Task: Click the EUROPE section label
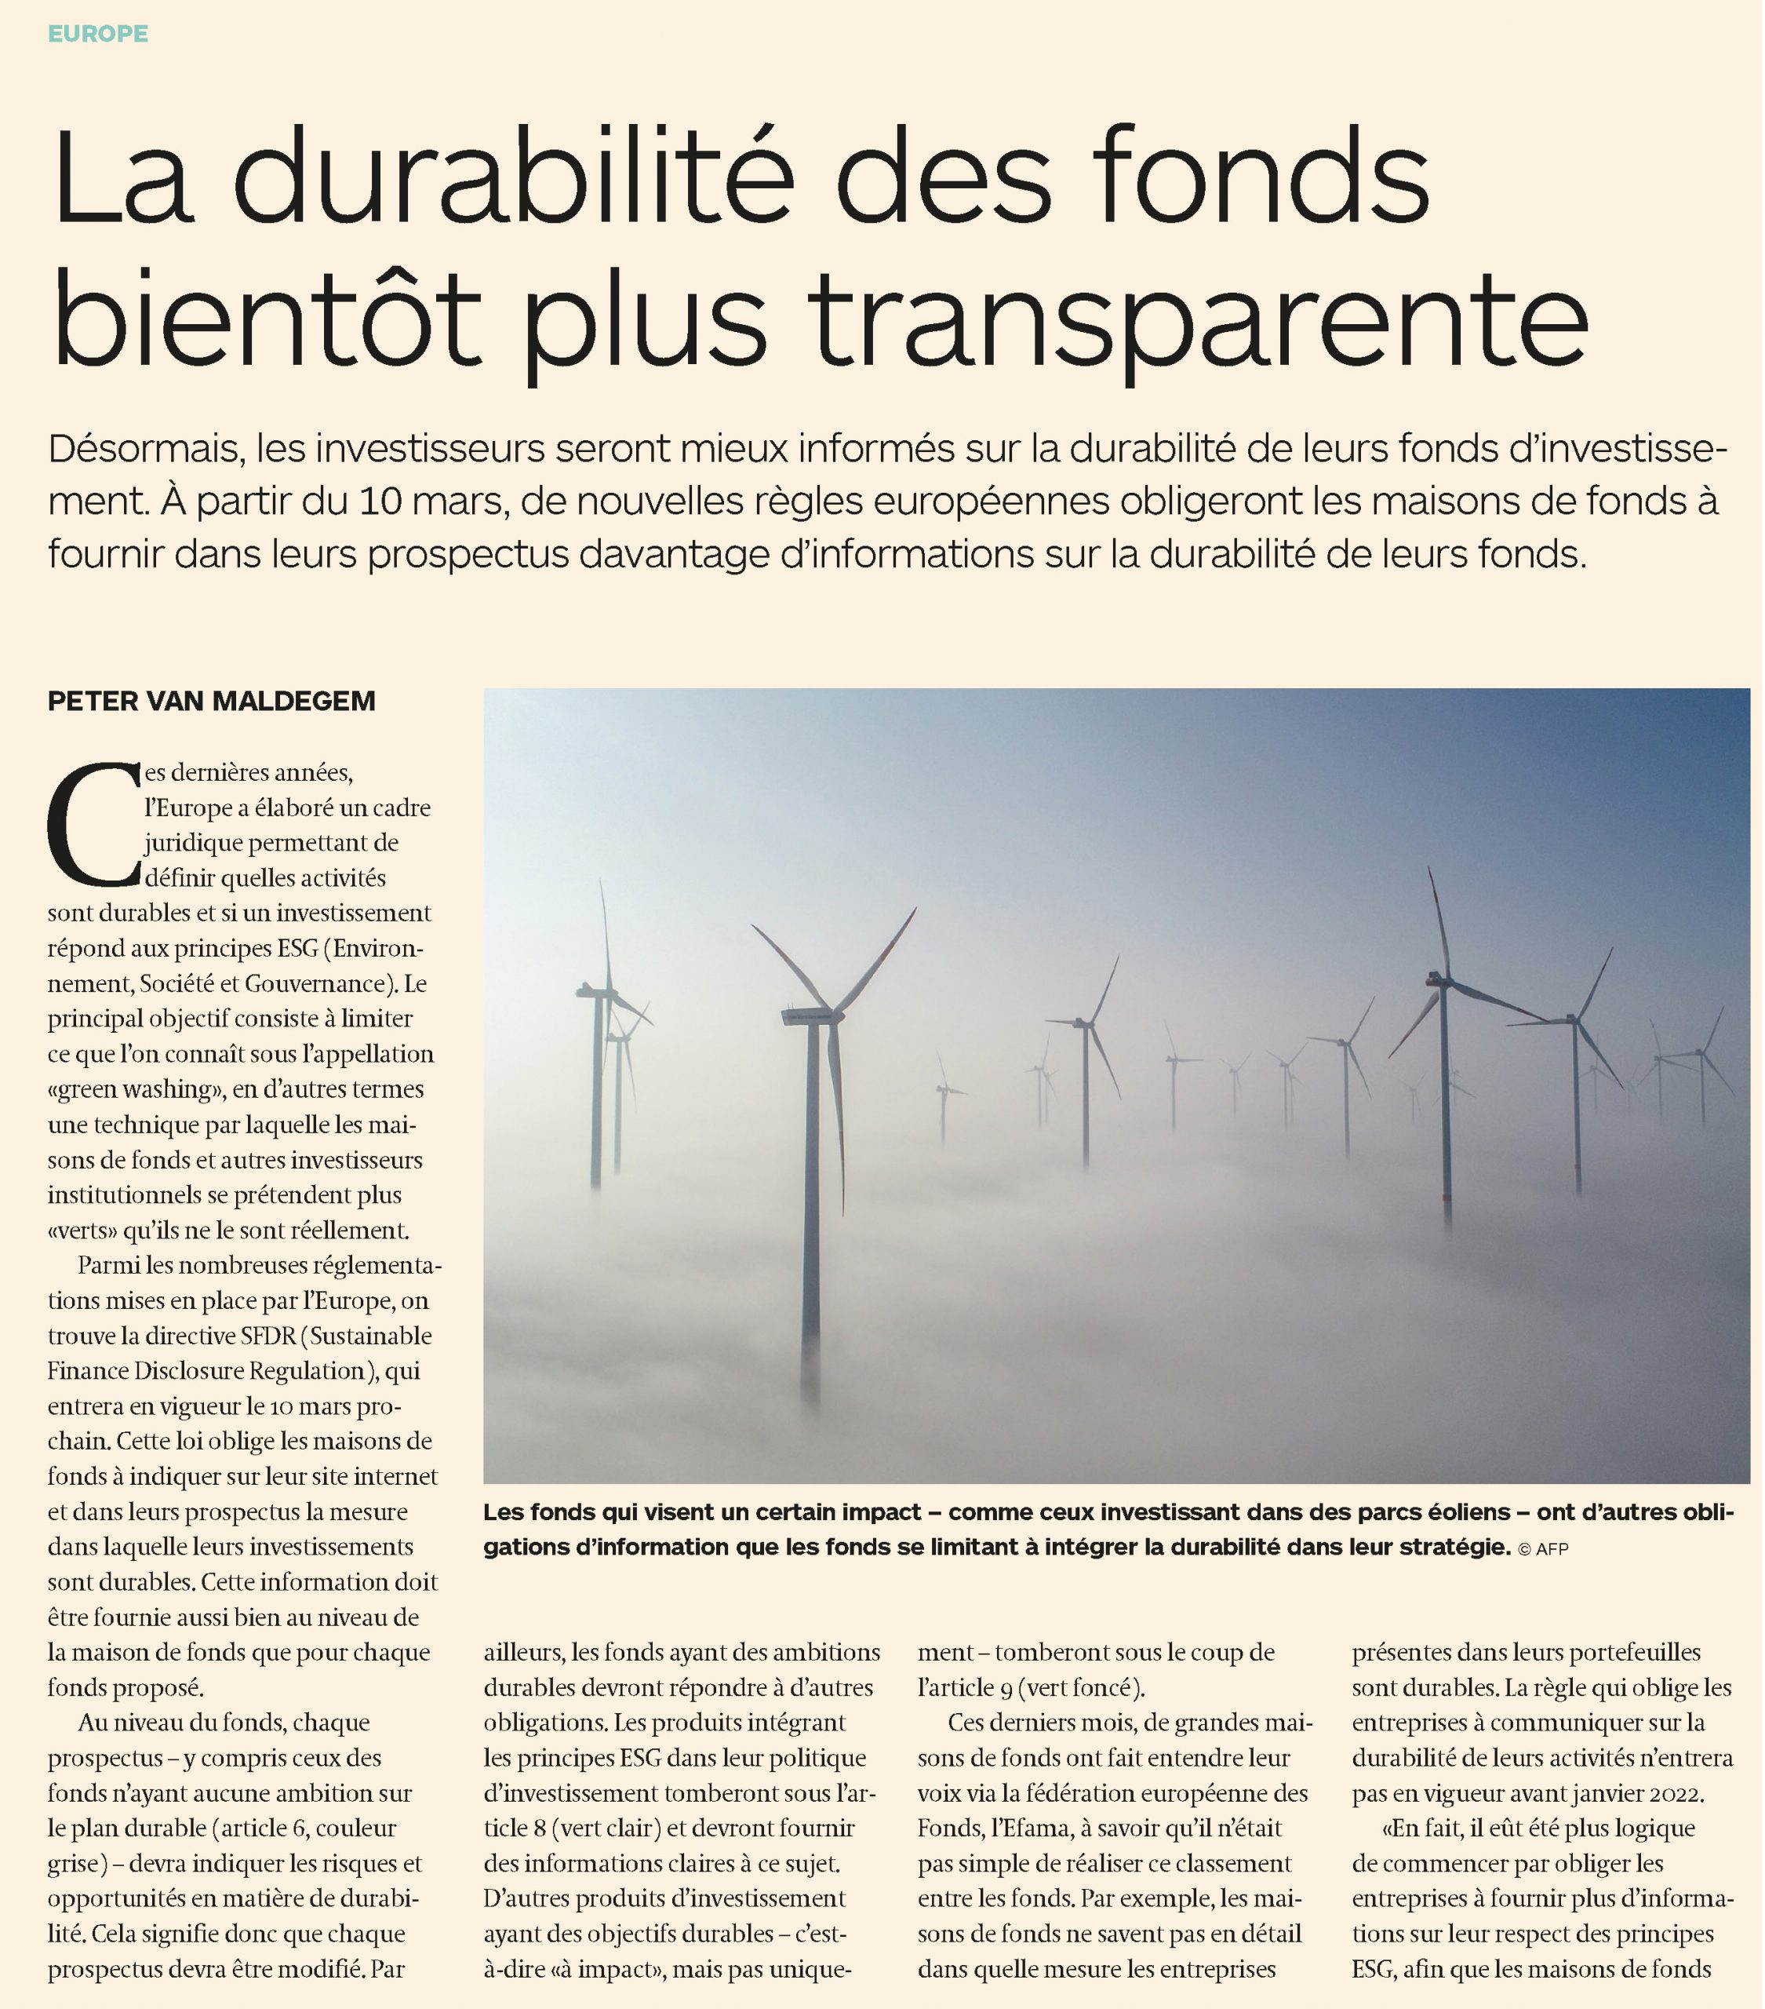[98, 34]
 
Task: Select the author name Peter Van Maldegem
[211, 701]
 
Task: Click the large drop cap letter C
[94, 824]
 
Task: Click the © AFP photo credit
[1544, 1550]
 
